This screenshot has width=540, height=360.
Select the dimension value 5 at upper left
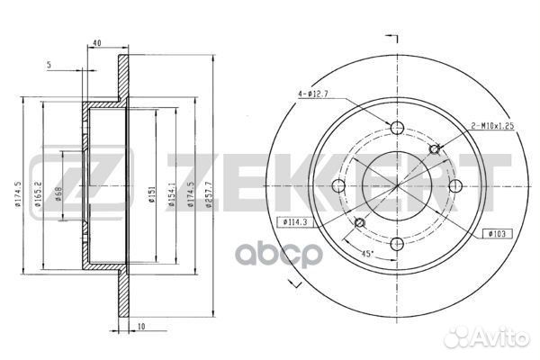50,66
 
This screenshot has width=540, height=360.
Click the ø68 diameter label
59,192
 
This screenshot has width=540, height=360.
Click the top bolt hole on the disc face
397,126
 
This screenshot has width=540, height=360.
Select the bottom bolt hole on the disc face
397,243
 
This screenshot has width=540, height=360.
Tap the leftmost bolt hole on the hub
339,185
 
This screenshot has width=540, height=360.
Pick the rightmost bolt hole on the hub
455,185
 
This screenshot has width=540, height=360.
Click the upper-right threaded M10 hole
436,148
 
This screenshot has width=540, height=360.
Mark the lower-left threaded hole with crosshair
359,222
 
